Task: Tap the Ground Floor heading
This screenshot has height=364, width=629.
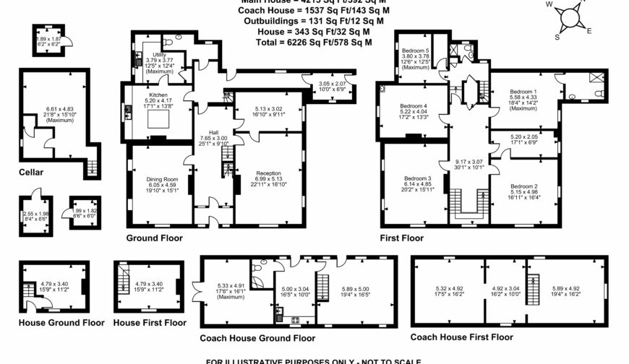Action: (x=155, y=238)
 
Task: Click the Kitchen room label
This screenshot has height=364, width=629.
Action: (x=158, y=95)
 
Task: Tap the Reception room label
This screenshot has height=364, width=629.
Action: (x=268, y=173)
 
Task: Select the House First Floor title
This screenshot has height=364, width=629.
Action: (x=149, y=323)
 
